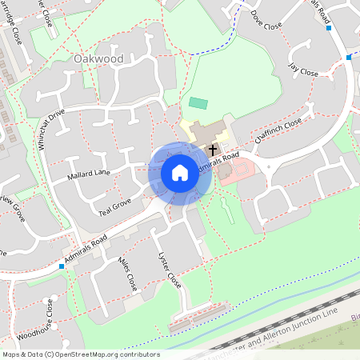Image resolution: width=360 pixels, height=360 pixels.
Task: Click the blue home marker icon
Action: pos(180,172)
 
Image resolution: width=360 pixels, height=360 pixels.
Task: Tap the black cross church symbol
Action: pos(213,150)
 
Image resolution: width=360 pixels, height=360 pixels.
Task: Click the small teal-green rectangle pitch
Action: pos(198,103)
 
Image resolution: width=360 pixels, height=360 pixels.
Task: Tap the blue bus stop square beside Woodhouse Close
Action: pos(62,266)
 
